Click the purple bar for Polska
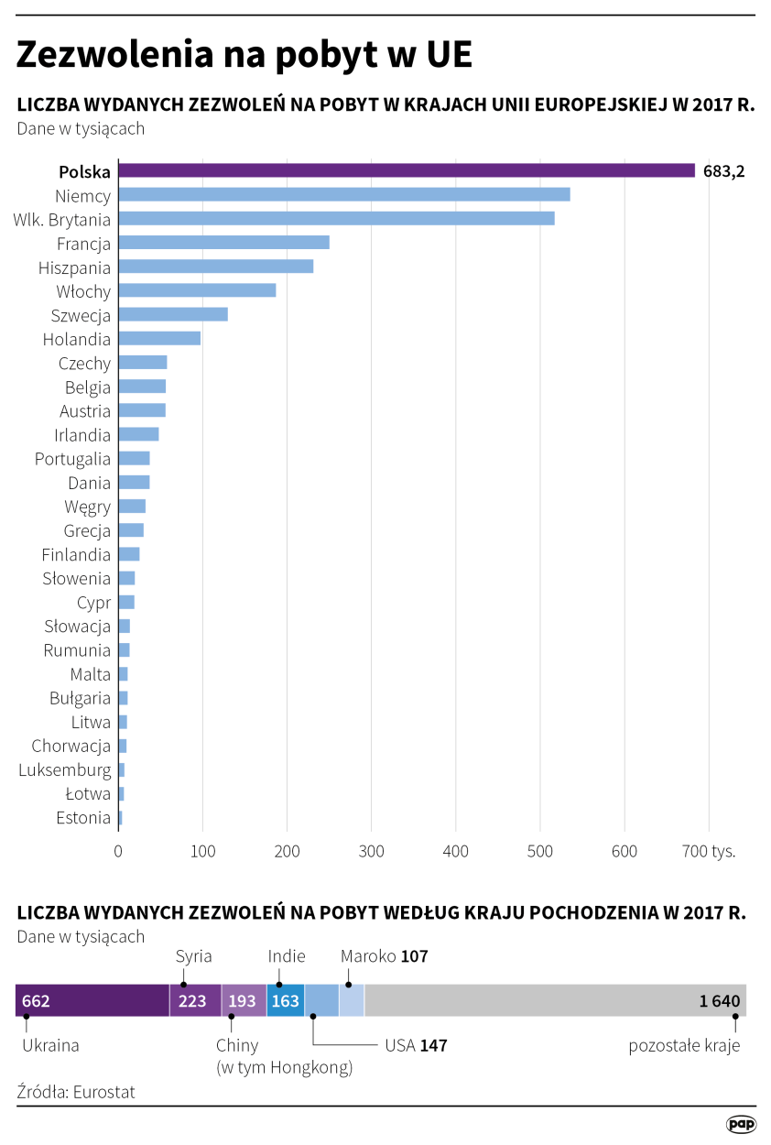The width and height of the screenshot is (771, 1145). pyautogui.click(x=407, y=170)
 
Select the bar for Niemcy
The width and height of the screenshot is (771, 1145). pyautogui.click(x=344, y=194)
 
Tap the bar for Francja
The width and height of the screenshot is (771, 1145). pyautogui.click(x=223, y=242)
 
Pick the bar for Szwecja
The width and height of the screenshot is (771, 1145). pyautogui.click(x=173, y=314)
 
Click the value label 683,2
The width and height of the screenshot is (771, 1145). pyautogui.click(x=723, y=171)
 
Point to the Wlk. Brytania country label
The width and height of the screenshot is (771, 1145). pyautogui.click(x=62, y=220)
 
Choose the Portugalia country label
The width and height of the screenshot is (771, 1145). pyautogui.click(x=72, y=459)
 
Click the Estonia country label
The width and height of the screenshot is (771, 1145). pyautogui.click(x=83, y=818)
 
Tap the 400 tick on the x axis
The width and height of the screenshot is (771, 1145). pyautogui.click(x=456, y=851)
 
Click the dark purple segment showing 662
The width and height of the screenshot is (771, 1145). pyautogui.click(x=92, y=1000)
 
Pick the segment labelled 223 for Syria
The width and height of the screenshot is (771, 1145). pyautogui.click(x=195, y=1000)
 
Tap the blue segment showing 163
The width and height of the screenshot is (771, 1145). pyautogui.click(x=285, y=1000)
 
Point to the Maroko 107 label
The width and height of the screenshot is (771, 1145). pyautogui.click(x=384, y=956)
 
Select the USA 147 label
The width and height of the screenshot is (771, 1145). pyautogui.click(x=415, y=1045)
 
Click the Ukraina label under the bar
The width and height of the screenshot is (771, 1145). pyautogui.click(x=50, y=1045)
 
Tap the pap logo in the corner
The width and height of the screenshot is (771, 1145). pyautogui.click(x=740, y=1124)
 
